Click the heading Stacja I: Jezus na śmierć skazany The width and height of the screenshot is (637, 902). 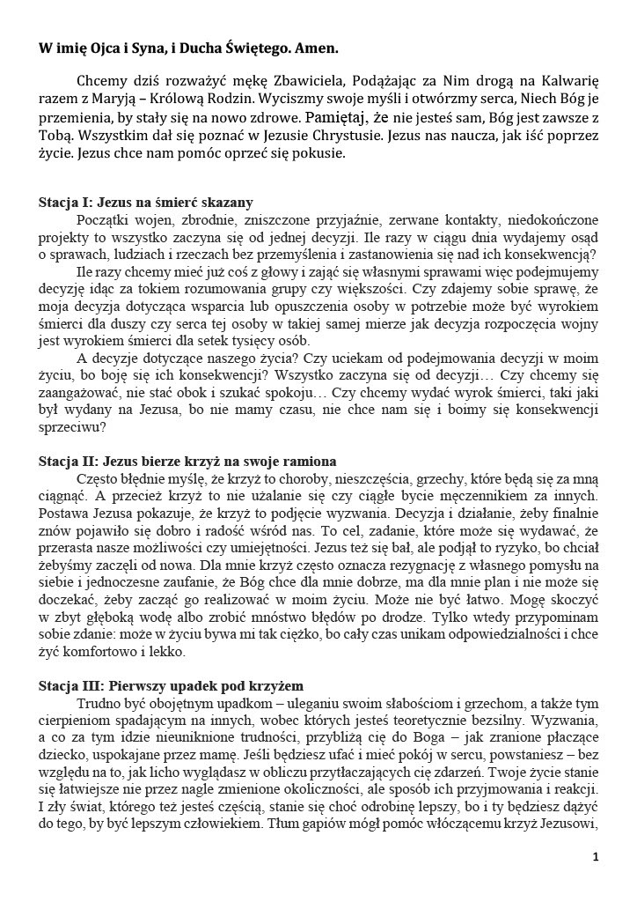coord(146,201)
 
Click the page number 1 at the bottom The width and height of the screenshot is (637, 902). coord(596,856)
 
